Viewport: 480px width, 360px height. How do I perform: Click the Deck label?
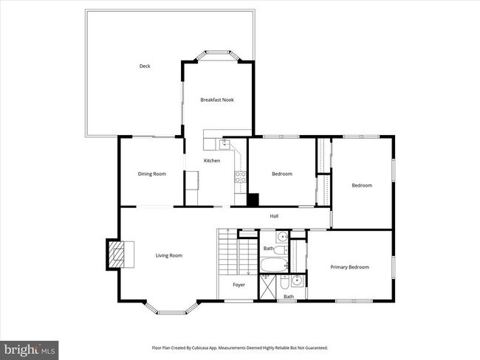145,66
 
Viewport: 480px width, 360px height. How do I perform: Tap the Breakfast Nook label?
217,100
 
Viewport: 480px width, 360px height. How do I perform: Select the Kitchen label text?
212,160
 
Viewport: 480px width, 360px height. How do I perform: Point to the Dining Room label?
151,174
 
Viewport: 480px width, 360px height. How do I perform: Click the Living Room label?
168,255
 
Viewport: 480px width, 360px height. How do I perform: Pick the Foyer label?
239,284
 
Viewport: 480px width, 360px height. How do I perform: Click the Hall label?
274,216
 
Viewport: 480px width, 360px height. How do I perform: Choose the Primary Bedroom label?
349,267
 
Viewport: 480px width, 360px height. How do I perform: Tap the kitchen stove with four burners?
240,176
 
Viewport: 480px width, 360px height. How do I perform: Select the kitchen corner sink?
226,143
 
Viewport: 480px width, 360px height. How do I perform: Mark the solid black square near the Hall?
253,199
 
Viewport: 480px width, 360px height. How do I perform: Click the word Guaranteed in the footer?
313,347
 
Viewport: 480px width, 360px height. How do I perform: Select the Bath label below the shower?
289,297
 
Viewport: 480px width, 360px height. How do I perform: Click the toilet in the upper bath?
282,238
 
